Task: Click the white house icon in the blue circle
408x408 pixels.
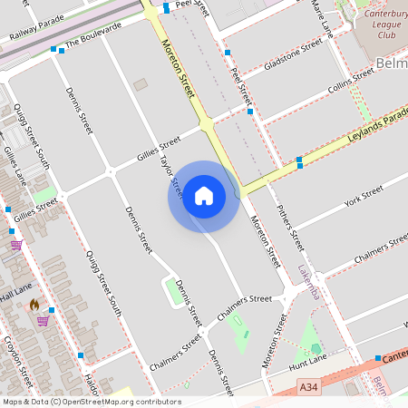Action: tap(204, 196)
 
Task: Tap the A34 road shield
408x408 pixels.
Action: tap(310, 387)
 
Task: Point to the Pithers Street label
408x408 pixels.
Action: tap(288, 226)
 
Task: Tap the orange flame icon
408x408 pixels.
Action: tap(34, 306)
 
